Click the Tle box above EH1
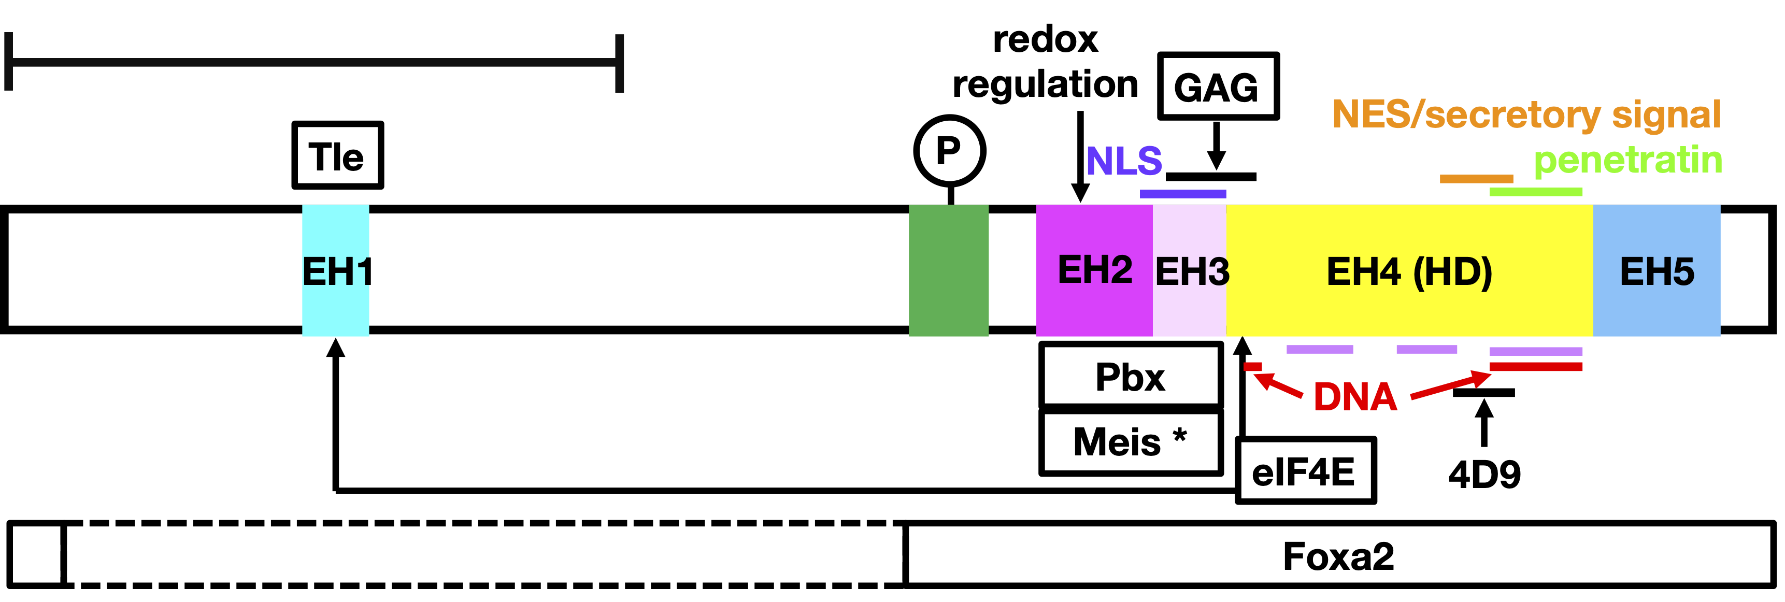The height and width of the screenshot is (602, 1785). pos(337,155)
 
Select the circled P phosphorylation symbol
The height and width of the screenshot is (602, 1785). pos(949,150)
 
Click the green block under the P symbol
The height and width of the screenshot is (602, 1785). pos(948,270)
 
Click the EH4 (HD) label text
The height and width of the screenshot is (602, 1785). pos(1409,271)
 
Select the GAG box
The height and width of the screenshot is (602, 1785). pos(1218,87)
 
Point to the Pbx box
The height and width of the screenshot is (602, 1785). pos(1130,376)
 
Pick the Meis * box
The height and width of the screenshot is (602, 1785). pos(1130,442)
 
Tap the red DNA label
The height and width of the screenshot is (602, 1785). pos(1355,397)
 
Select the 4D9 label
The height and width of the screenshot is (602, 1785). pos(1484,475)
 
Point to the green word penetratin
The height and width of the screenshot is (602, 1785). pos(1627,160)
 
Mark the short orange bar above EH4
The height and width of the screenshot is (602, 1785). pos(1476,179)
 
